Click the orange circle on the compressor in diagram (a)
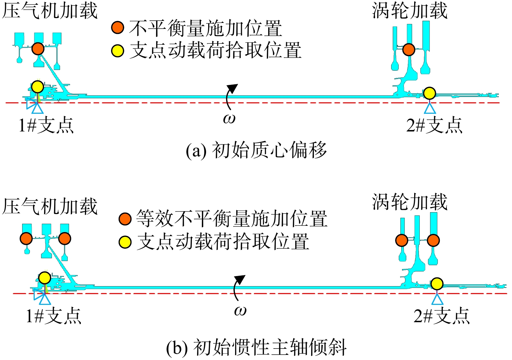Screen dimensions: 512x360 (38, 49)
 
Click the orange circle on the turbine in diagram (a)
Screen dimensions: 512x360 (409, 50)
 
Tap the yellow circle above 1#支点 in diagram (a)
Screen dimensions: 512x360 (38, 87)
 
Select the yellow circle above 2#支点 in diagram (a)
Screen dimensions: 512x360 (429, 93)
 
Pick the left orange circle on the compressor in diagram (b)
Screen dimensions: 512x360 (26, 239)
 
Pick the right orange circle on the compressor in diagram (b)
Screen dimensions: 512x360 (65, 239)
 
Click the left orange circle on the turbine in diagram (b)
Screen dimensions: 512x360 (402, 240)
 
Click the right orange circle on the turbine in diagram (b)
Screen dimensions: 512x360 (433, 240)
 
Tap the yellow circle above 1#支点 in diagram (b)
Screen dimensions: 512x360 (44, 278)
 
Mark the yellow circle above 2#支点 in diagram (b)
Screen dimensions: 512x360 (437, 284)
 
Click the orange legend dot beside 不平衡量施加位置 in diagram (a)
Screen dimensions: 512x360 (118, 28)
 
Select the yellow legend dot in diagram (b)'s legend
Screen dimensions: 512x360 (125, 242)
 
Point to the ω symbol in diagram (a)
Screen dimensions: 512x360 (229, 119)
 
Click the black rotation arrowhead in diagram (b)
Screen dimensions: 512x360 (240, 280)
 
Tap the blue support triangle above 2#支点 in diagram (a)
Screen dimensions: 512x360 (430, 108)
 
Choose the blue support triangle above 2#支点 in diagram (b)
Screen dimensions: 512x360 (437, 299)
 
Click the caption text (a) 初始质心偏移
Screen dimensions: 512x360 (256, 151)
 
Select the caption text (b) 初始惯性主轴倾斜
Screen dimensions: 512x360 (256, 348)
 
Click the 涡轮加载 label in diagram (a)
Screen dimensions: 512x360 (409, 10)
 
